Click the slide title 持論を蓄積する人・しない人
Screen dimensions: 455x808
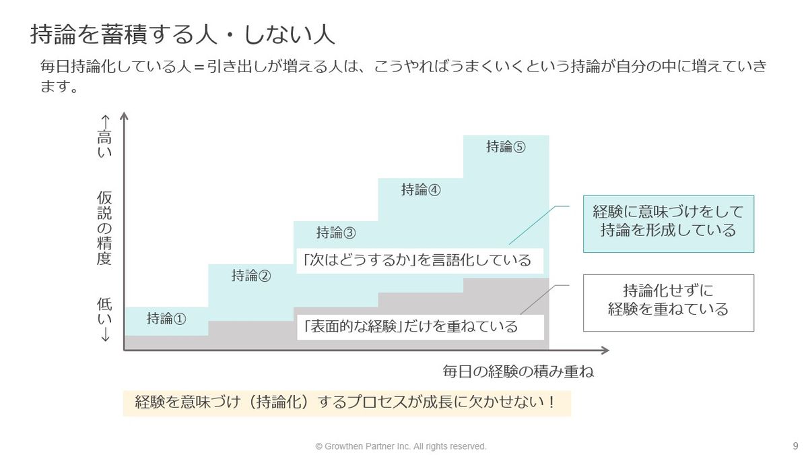click(182, 34)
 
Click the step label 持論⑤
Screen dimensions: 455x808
click(505, 147)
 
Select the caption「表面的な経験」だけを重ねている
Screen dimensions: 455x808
click(411, 327)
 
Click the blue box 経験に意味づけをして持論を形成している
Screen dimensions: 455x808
click(668, 220)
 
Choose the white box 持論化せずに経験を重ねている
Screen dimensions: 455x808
click(668, 301)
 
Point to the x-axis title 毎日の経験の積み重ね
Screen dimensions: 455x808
click(518, 371)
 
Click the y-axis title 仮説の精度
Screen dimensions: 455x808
click(104, 228)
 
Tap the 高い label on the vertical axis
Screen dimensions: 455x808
click(104, 146)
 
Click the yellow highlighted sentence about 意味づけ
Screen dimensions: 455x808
click(346, 402)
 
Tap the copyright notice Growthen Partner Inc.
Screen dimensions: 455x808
click(401, 446)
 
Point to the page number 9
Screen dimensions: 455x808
click(795, 446)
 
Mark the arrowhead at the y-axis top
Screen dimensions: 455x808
click(124, 115)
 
